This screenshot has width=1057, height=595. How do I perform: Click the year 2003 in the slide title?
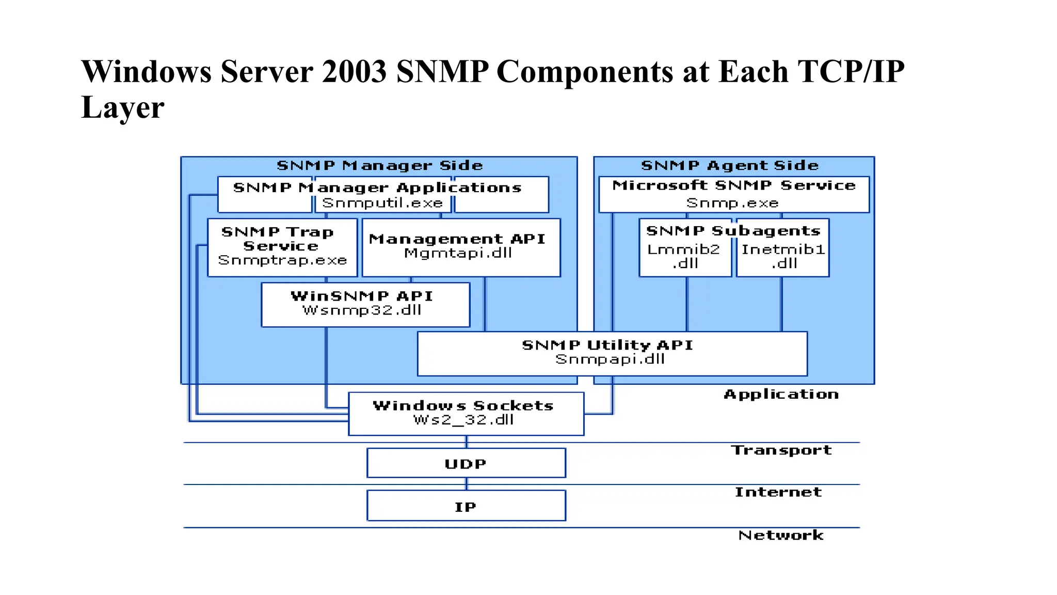click(x=354, y=71)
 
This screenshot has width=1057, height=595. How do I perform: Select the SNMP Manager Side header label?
click(x=379, y=166)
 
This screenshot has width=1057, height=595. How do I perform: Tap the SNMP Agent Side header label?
click(x=730, y=166)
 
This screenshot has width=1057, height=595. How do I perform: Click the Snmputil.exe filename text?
click(x=382, y=203)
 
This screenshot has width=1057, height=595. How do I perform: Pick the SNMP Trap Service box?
click(x=282, y=247)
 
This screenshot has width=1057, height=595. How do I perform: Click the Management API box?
click(x=460, y=247)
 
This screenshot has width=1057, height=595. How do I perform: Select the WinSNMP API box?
click(x=365, y=304)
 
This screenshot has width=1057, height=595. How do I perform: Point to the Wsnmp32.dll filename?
click(x=362, y=310)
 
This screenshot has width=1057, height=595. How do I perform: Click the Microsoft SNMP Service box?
click(x=733, y=194)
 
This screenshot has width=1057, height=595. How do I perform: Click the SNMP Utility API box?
click(x=612, y=353)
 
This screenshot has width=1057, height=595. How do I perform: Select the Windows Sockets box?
click(x=466, y=413)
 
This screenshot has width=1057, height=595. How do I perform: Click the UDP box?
click(x=466, y=463)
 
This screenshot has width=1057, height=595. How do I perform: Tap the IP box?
click(x=466, y=506)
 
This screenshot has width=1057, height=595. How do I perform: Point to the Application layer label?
click(x=781, y=395)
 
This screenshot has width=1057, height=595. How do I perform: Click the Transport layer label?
click(x=781, y=450)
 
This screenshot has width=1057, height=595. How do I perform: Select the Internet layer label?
click(x=778, y=492)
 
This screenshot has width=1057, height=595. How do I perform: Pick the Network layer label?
click(x=780, y=535)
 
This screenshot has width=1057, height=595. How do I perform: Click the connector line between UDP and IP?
click(x=467, y=484)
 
